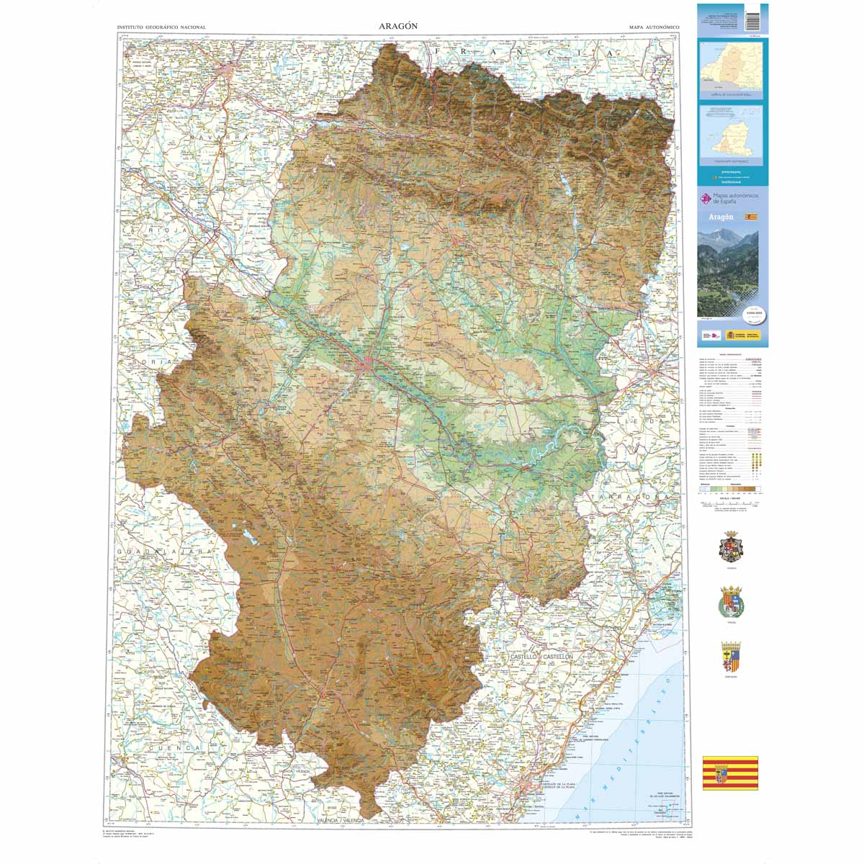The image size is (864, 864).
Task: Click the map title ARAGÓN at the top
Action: point(398,26)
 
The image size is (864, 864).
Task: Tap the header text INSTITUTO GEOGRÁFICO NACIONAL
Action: point(161,27)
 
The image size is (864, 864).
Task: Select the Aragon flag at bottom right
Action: point(730,773)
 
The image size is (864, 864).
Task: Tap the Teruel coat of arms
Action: point(732,602)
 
